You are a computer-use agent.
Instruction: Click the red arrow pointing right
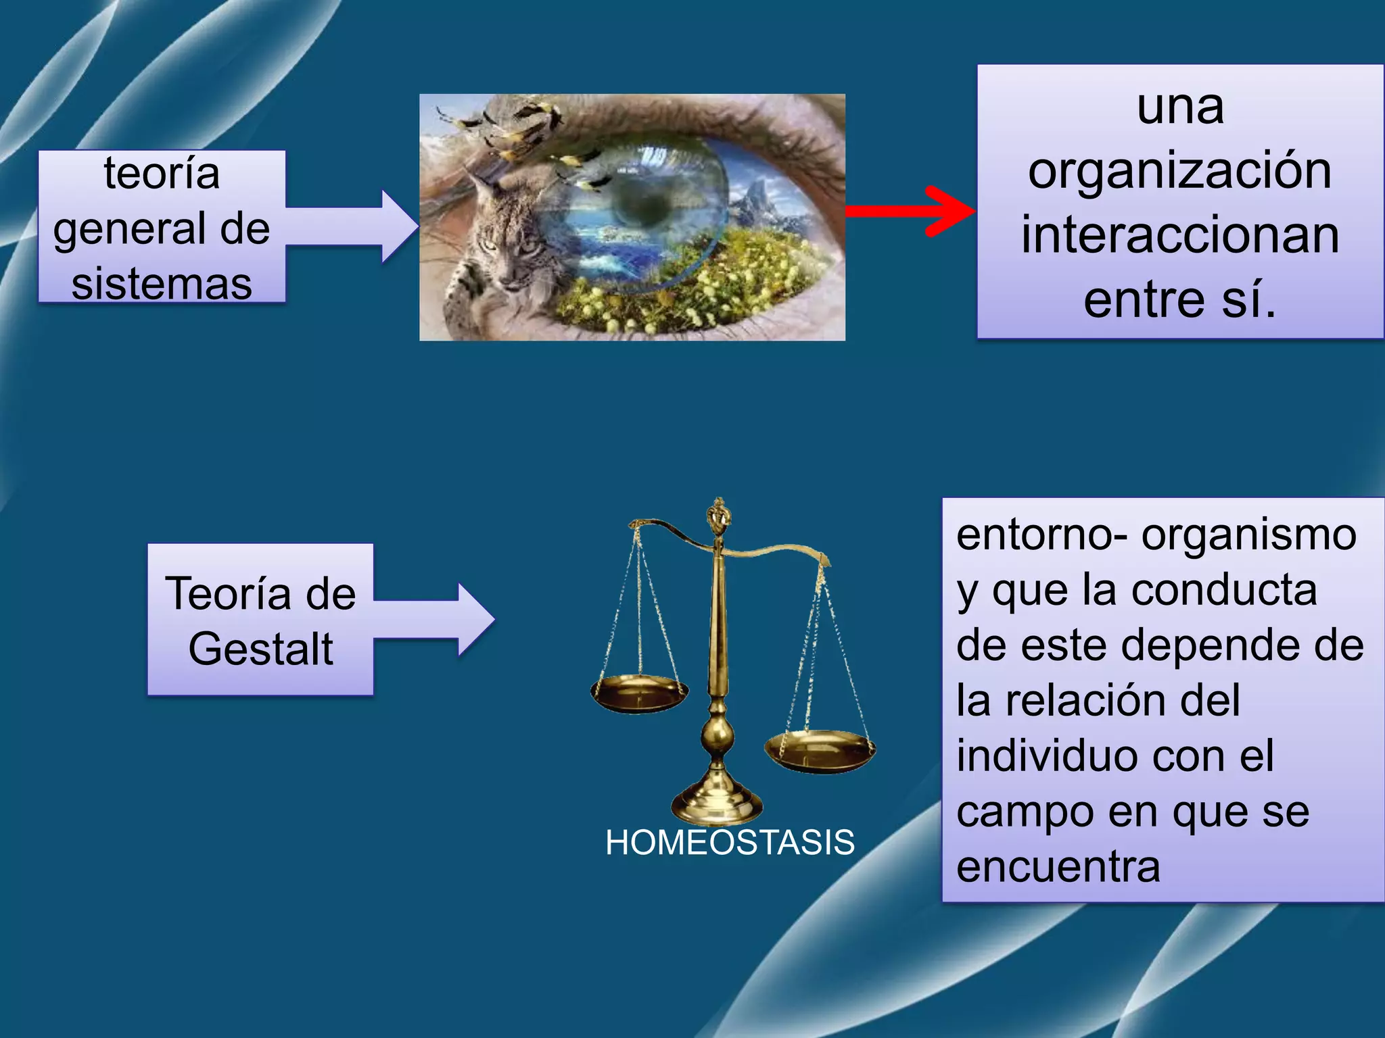tap(910, 212)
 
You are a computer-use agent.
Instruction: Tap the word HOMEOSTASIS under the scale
tap(730, 843)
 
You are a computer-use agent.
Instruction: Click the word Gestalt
tap(260, 649)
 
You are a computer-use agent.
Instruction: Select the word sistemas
tap(162, 283)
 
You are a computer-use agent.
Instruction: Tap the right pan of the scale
tap(820, 750)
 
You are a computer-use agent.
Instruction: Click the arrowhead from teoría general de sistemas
tap(400, 226)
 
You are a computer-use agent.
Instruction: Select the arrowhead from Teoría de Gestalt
tap(476, 620)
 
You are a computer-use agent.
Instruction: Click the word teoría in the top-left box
tap(162, 174)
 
